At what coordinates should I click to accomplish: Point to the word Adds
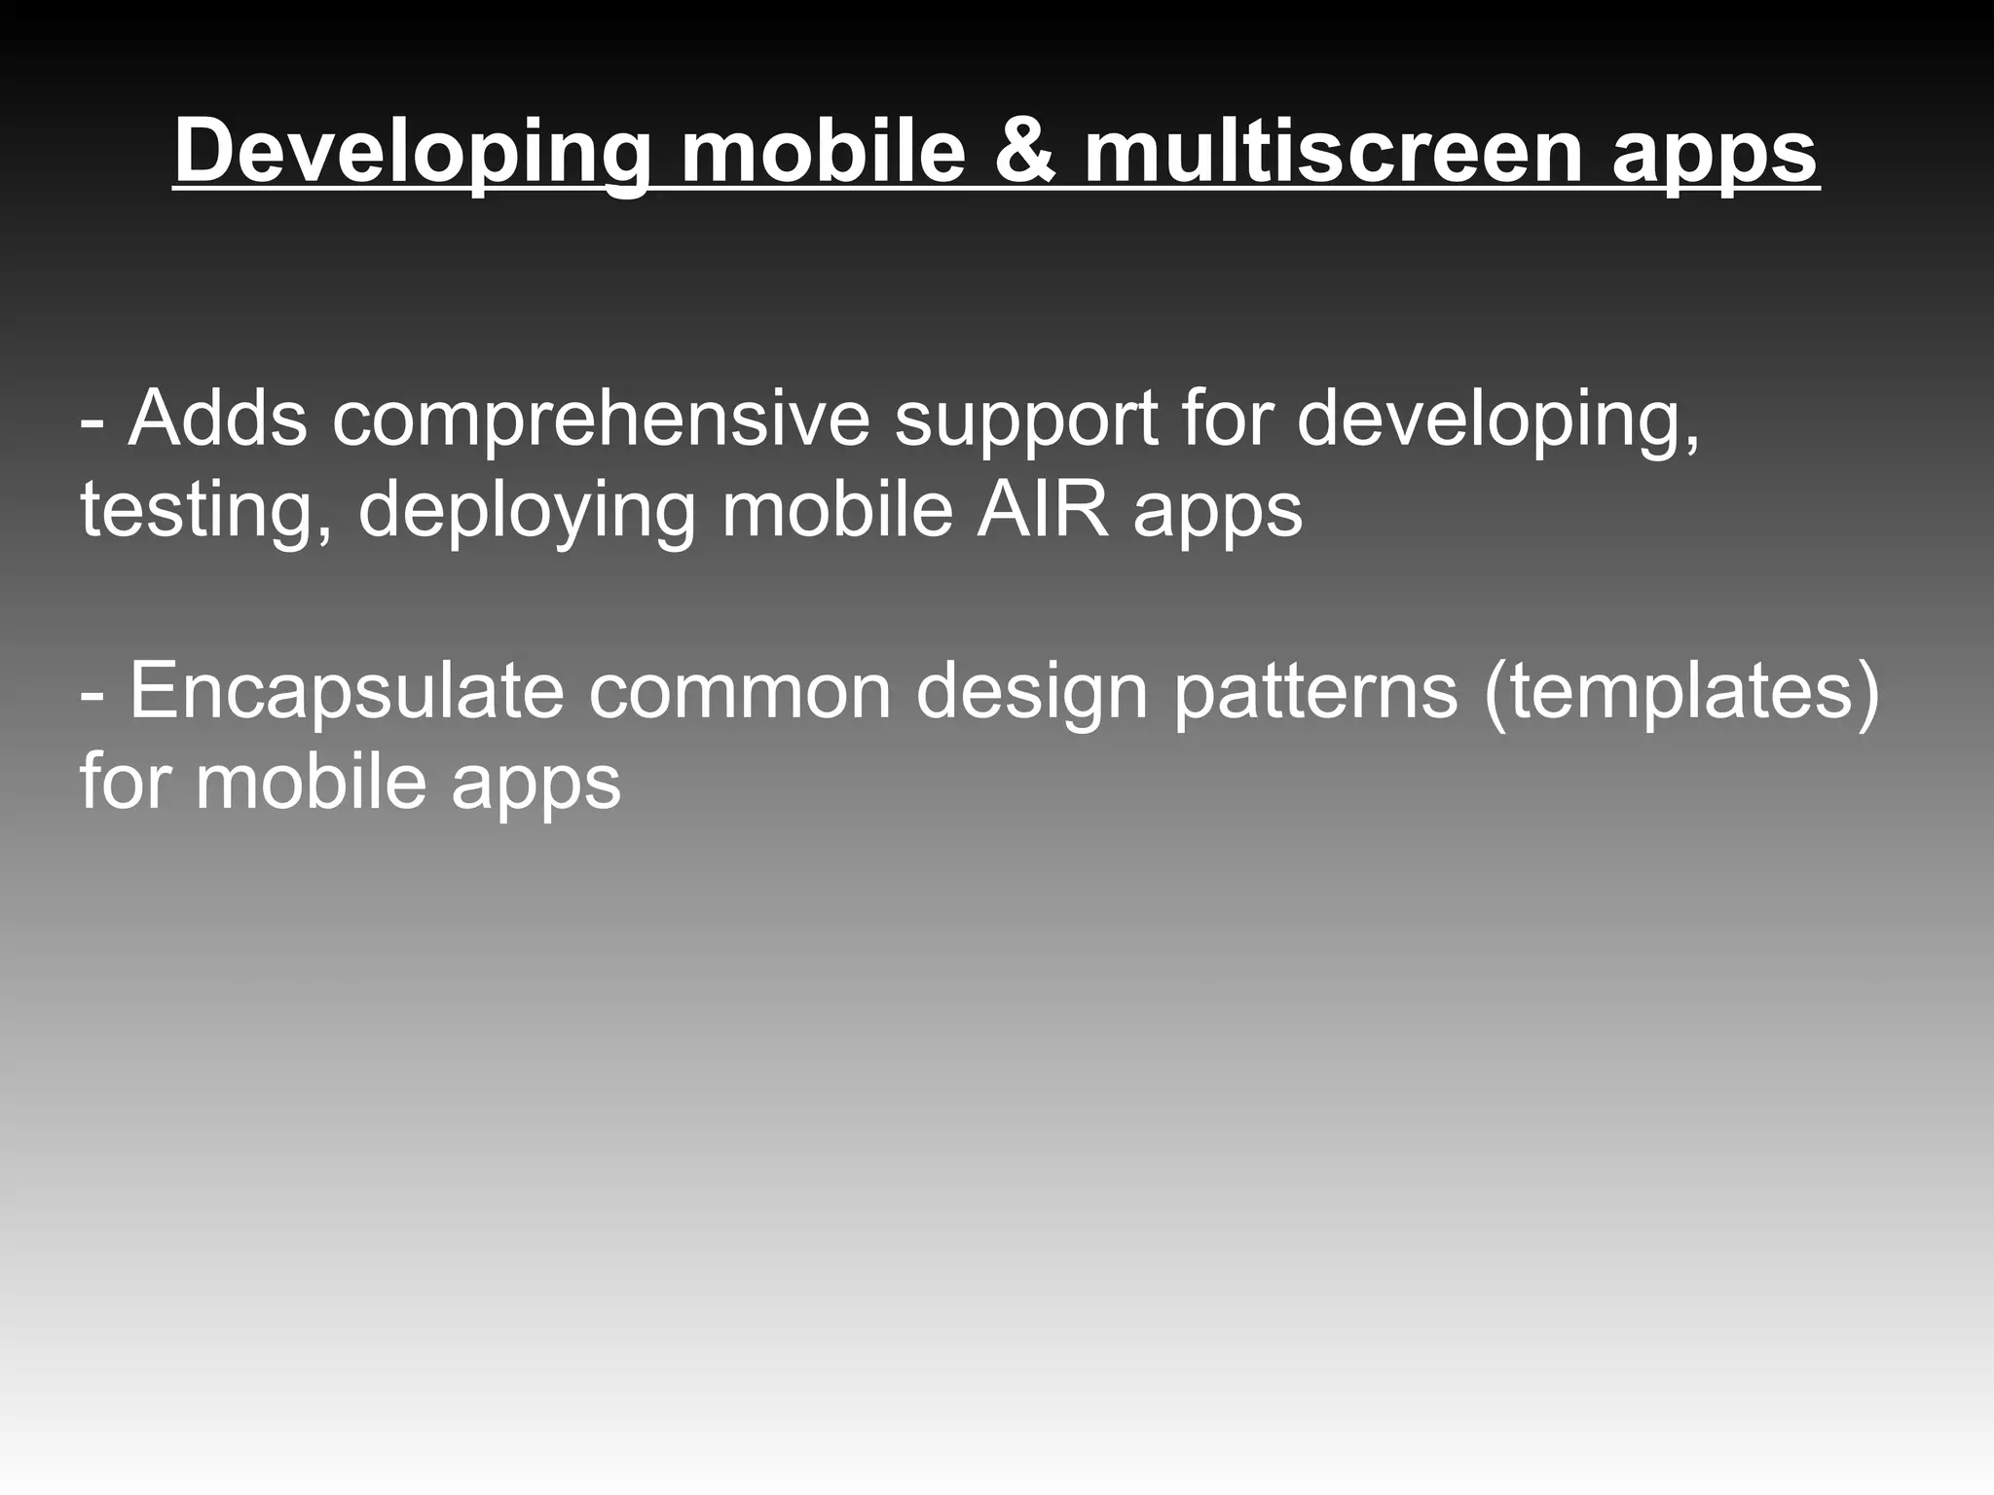218,419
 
